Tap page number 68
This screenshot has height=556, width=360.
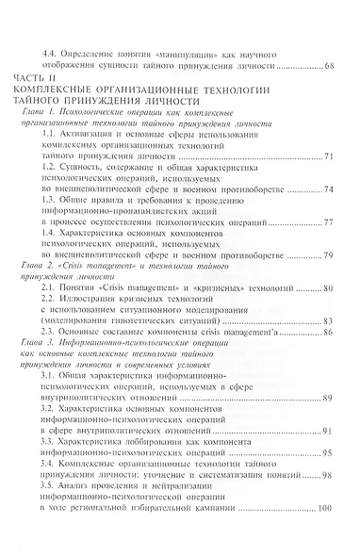tap(329, 67)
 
